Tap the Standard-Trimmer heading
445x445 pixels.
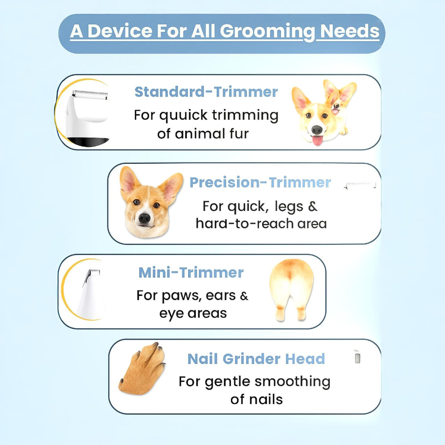tap(206, 92)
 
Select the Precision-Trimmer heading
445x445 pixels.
tap(260, 182)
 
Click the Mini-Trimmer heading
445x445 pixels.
tap(191, 272)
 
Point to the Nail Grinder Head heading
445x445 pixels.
tap(256, 359)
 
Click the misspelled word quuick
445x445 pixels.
tap(184, 115)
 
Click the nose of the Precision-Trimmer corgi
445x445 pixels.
tap(144, 218)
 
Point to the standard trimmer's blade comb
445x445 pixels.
tap(91, 93)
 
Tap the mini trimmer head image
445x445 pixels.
tap(91, 291)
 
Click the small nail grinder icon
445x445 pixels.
tap(357, 357)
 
